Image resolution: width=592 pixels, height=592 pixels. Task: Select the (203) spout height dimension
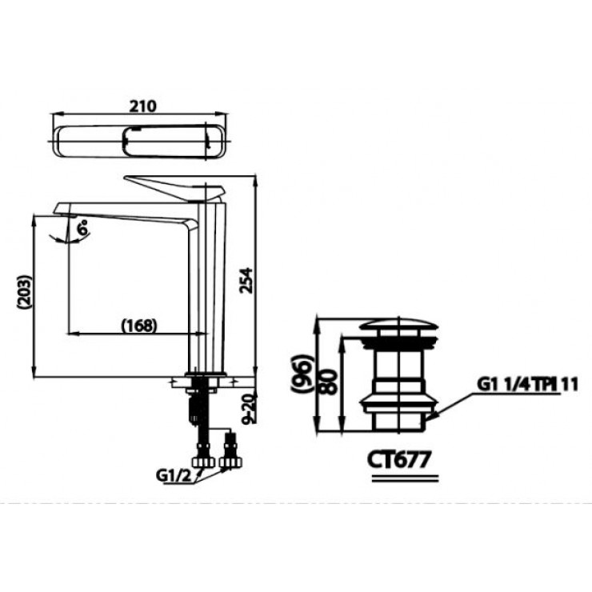click(x=25, y=295)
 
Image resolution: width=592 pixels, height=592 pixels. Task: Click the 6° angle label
click(x=82, y=229)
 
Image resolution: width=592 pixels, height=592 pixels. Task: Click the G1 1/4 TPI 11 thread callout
click(x=517, y=383)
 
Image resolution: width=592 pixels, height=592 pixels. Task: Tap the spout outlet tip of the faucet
click(x=67, y=212)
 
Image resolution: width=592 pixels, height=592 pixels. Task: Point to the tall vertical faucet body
click(x=207, y=288)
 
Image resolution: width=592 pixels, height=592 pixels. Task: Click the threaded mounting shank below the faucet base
click(x=194, y=416)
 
